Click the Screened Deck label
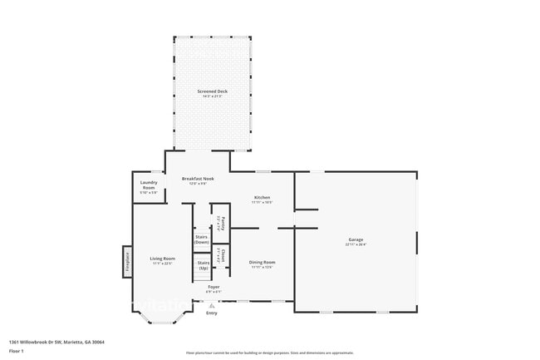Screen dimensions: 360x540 (212, 91)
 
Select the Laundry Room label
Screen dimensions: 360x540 (148, 185)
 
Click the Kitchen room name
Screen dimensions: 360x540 (263, 197)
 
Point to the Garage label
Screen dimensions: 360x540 (356, 239)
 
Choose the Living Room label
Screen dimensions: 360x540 (162, 259)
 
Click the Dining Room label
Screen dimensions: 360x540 (263, 262)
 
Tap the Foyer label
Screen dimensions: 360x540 (213, 286)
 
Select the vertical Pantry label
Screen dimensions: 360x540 (220, 222)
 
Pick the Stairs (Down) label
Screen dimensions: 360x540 (201, 239)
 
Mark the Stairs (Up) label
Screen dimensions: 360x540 (204, 264)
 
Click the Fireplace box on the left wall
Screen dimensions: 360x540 (128, 261)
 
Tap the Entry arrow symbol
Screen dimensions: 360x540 (212, 305)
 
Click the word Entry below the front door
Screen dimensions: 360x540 (212, 313)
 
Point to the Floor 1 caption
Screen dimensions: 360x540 (17, 352)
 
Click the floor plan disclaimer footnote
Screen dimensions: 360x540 (270, 353)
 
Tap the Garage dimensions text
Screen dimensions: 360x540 (356, 244)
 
